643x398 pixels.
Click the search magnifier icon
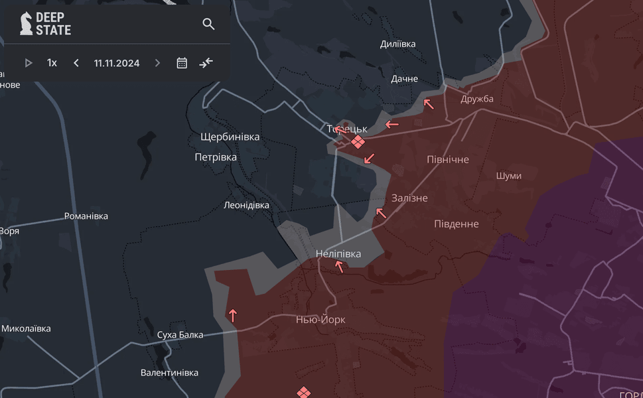(x=208, y=25)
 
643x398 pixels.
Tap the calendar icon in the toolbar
(x=182, y=63)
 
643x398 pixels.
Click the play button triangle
(x=29, y=63)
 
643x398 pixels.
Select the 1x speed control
(x=52, y=63)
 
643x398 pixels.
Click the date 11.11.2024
(x=117, y=63)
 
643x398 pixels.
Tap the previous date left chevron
(x=76, y=63)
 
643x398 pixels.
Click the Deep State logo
(x=45, y=24)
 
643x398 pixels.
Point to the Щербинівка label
(x=230, y=137)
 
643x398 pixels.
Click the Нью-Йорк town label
(x=321, y=320)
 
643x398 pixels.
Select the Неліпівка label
(x=338, y=254)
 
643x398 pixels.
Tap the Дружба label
(x=477, y=99)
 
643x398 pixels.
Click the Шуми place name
(x=508, y=176)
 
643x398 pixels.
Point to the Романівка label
(x=86, y=216)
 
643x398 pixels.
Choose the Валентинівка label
(x=169, y=373)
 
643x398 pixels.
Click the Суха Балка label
(x=180, y=335)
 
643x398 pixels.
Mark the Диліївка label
(x=397, y=44)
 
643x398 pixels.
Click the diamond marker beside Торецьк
(x=358, y=142)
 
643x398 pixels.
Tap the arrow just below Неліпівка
(x=339, y=267)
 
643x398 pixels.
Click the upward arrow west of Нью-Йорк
(x=232, y=315)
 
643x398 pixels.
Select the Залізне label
(x=409, y=198)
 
